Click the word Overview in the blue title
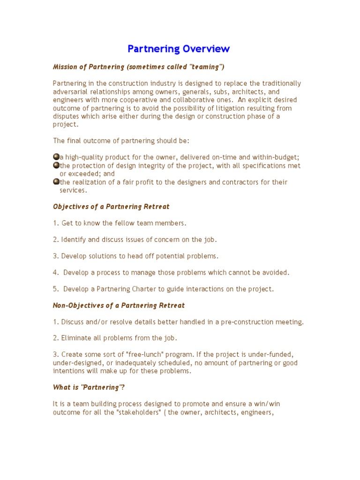coord(206,49)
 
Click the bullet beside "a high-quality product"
coord(56,157)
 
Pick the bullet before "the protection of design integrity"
coord(56,165)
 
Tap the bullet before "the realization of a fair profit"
coord(56,182)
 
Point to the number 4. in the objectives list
coord(56,272)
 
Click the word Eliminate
coord(76,338)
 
